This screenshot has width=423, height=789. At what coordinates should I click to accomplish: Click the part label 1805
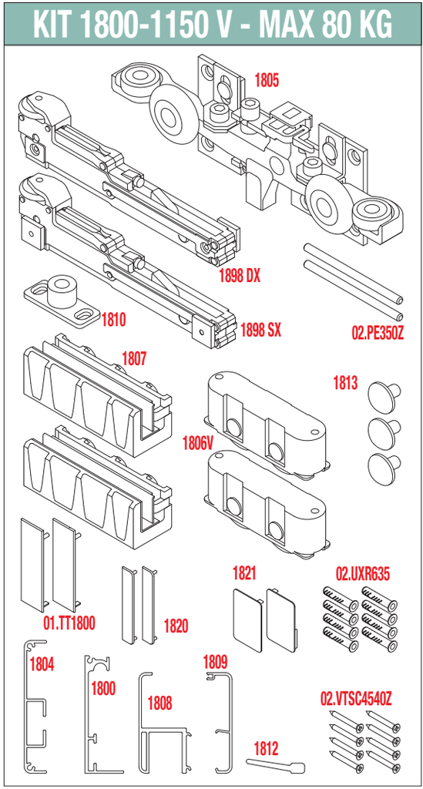267,80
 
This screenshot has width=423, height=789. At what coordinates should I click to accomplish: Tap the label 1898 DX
240,276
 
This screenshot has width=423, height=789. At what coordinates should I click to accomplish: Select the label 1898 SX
260,331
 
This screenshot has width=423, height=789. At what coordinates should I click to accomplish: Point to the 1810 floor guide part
62,301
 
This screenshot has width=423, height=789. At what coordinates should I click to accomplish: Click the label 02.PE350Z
378,333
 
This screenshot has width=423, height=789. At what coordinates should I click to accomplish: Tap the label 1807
134,359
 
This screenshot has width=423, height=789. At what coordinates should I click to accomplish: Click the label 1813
345,383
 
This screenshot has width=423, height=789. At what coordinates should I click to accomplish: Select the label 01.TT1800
69,624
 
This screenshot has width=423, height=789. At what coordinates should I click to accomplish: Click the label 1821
244,573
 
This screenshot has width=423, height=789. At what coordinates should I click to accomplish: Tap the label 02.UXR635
363,573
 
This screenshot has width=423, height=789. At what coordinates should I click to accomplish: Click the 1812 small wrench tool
276,765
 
